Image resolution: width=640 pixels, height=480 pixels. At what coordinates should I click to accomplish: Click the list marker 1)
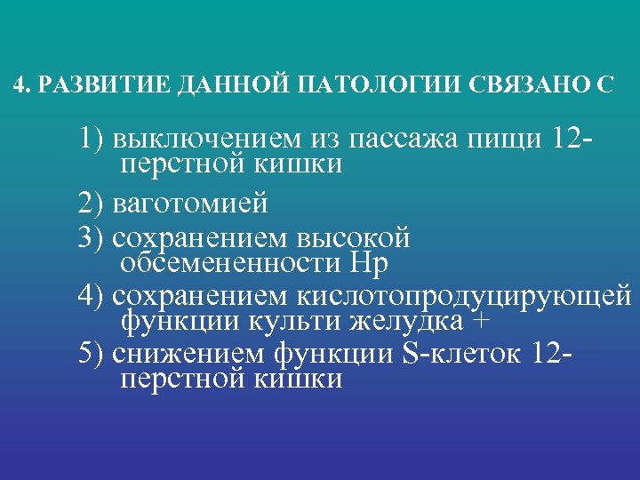tap(92, 140)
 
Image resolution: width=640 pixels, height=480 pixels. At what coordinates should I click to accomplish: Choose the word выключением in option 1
tap(205, 140)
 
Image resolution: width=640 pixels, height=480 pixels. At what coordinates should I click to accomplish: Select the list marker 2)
tap(92, 203)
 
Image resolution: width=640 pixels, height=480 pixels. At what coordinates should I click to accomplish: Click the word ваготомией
tap(190, 203)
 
